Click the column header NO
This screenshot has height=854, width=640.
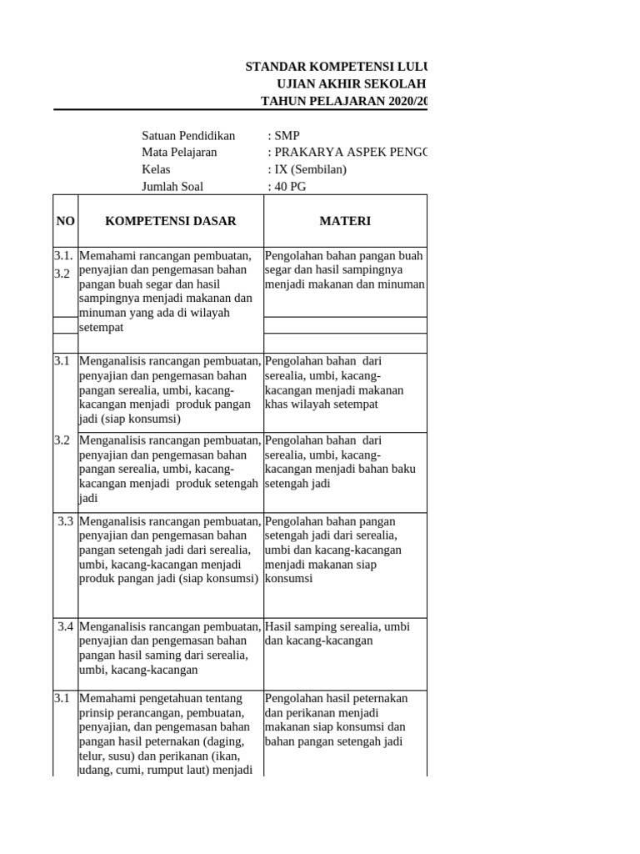tap(65, 221)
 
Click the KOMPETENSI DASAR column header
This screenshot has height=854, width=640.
tap(170, 221)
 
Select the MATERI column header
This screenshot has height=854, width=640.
tap(345, 221)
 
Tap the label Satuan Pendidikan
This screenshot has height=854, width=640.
tap(188, 135)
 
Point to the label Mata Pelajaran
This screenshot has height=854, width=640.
tap(179, 152)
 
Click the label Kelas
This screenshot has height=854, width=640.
tap(156, 169)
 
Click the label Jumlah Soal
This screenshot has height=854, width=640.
tap(172, 186)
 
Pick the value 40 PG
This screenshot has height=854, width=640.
tap(289, 186)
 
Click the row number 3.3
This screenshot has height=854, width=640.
tap(66, 521)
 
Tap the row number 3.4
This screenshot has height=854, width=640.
tap(66, 626)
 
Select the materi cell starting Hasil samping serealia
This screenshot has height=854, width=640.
tap(337, 634)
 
